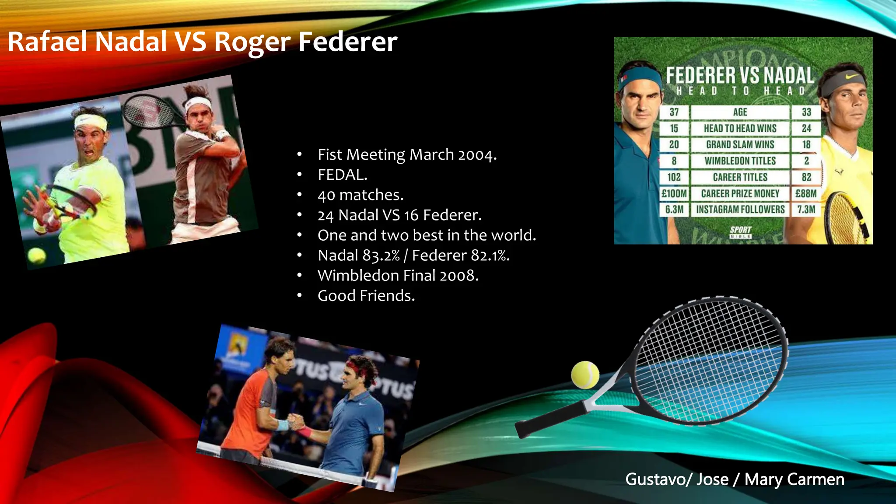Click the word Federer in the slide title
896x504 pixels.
pos(348,42)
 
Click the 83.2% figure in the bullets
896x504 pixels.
pos(381,255)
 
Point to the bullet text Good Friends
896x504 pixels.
pos(366,296)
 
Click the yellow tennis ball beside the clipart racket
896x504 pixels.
pos(585,374)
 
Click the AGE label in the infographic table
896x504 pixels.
pos(740,112)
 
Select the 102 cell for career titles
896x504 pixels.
pos(674,177)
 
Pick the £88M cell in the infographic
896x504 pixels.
pos(806,193)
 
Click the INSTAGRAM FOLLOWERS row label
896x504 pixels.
pos(740,210)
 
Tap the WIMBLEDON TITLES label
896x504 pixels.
pos(740,161)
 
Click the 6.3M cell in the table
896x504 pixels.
pos(674,210)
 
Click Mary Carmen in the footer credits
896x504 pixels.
pos(794,479)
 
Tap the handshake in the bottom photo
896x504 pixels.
pos(297,423)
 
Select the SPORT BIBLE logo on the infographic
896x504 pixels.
pos(740,231)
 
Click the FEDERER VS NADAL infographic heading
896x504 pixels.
pos(740,75)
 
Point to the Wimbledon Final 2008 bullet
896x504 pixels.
pos(398,276)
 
